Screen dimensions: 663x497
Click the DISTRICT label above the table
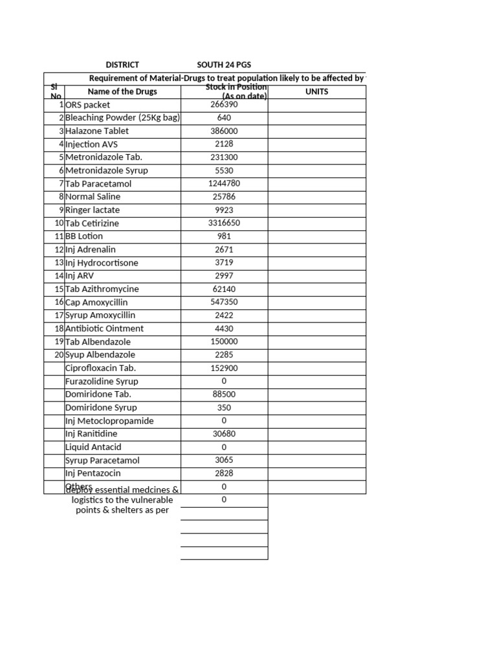coord(122,65)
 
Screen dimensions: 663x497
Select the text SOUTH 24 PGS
coord(224,65)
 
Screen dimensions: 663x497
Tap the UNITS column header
coord(316,91)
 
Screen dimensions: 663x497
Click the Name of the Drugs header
coord(122,91)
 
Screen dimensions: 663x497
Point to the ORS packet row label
coord(88,105)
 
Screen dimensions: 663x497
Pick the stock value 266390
coord(224,105)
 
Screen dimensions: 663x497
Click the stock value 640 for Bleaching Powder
coord(224,118)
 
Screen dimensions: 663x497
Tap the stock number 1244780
coord(224,183)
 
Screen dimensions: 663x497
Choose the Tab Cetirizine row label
coord(92,223)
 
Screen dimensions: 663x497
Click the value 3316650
coord(224,223)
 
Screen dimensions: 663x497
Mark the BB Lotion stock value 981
coord(224,236)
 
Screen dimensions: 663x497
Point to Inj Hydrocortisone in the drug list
coord(102,263)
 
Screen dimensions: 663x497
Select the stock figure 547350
coord(224,302)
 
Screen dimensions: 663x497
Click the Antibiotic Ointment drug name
coord(104,328)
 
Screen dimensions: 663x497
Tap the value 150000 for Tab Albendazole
coord(224,342)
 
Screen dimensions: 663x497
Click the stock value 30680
coord(224,434)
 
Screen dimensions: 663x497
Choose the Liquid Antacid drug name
coord(93,447)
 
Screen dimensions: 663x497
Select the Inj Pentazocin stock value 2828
coord(224,473)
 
